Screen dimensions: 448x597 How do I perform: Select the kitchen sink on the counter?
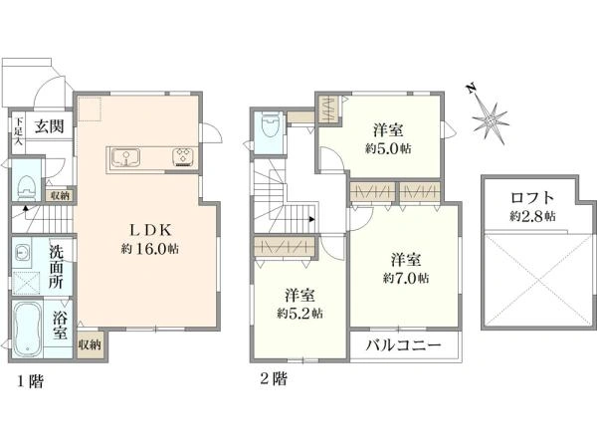(x=127, y=155)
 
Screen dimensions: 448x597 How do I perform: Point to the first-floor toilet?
(x=25, y=188)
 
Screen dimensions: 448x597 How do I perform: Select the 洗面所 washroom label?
(x=57, y=266)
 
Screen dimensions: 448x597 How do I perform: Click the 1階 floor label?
(x=29, y=380)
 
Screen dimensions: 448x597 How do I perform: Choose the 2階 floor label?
(x=274, y=378)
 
